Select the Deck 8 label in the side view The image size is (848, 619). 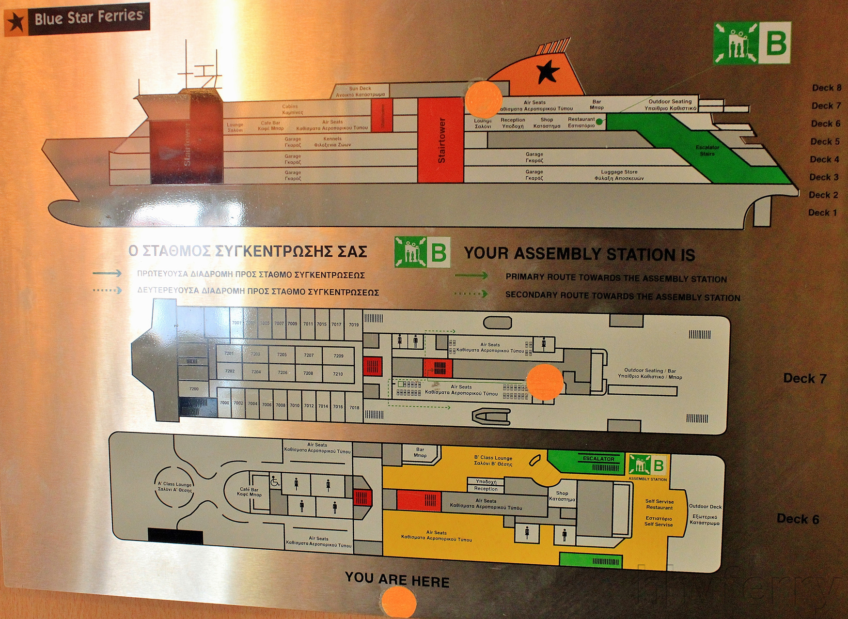[826, 88]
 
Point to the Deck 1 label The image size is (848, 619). [822, 213]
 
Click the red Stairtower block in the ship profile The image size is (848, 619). [440, 140]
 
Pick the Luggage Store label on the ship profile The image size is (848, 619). [619, 175]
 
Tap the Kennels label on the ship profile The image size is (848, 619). [332, 141]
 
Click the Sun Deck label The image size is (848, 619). [360, 91]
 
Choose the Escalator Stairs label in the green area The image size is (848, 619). [707, 150]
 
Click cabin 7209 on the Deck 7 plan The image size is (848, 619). [338, 356]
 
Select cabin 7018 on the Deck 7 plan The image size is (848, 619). [354, 407]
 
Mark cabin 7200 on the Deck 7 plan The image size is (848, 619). [194, 388]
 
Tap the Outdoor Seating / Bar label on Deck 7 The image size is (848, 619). [649, 373]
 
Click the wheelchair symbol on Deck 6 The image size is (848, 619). [275, 481]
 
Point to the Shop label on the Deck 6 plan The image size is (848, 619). [562, 495]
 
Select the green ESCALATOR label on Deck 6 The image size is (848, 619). [598, 458]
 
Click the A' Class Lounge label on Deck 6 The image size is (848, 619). [175, 487]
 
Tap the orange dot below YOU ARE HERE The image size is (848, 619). [399, 603]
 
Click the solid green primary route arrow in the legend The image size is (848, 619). [471, 276]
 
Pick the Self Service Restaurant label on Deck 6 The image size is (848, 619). [659, 504]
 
